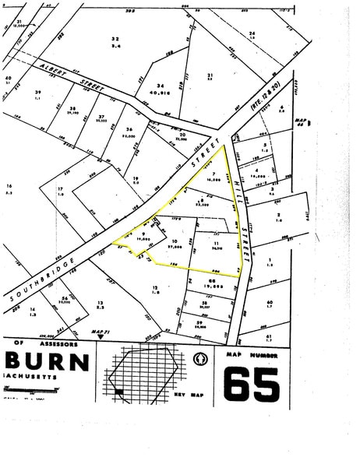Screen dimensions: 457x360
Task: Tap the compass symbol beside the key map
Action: point(199,360)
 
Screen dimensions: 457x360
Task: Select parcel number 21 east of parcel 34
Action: point(210,75)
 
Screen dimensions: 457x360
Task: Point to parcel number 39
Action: point(37,93)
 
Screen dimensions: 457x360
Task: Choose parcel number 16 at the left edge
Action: point(9,186)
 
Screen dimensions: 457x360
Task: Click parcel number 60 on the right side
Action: point(269,302)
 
